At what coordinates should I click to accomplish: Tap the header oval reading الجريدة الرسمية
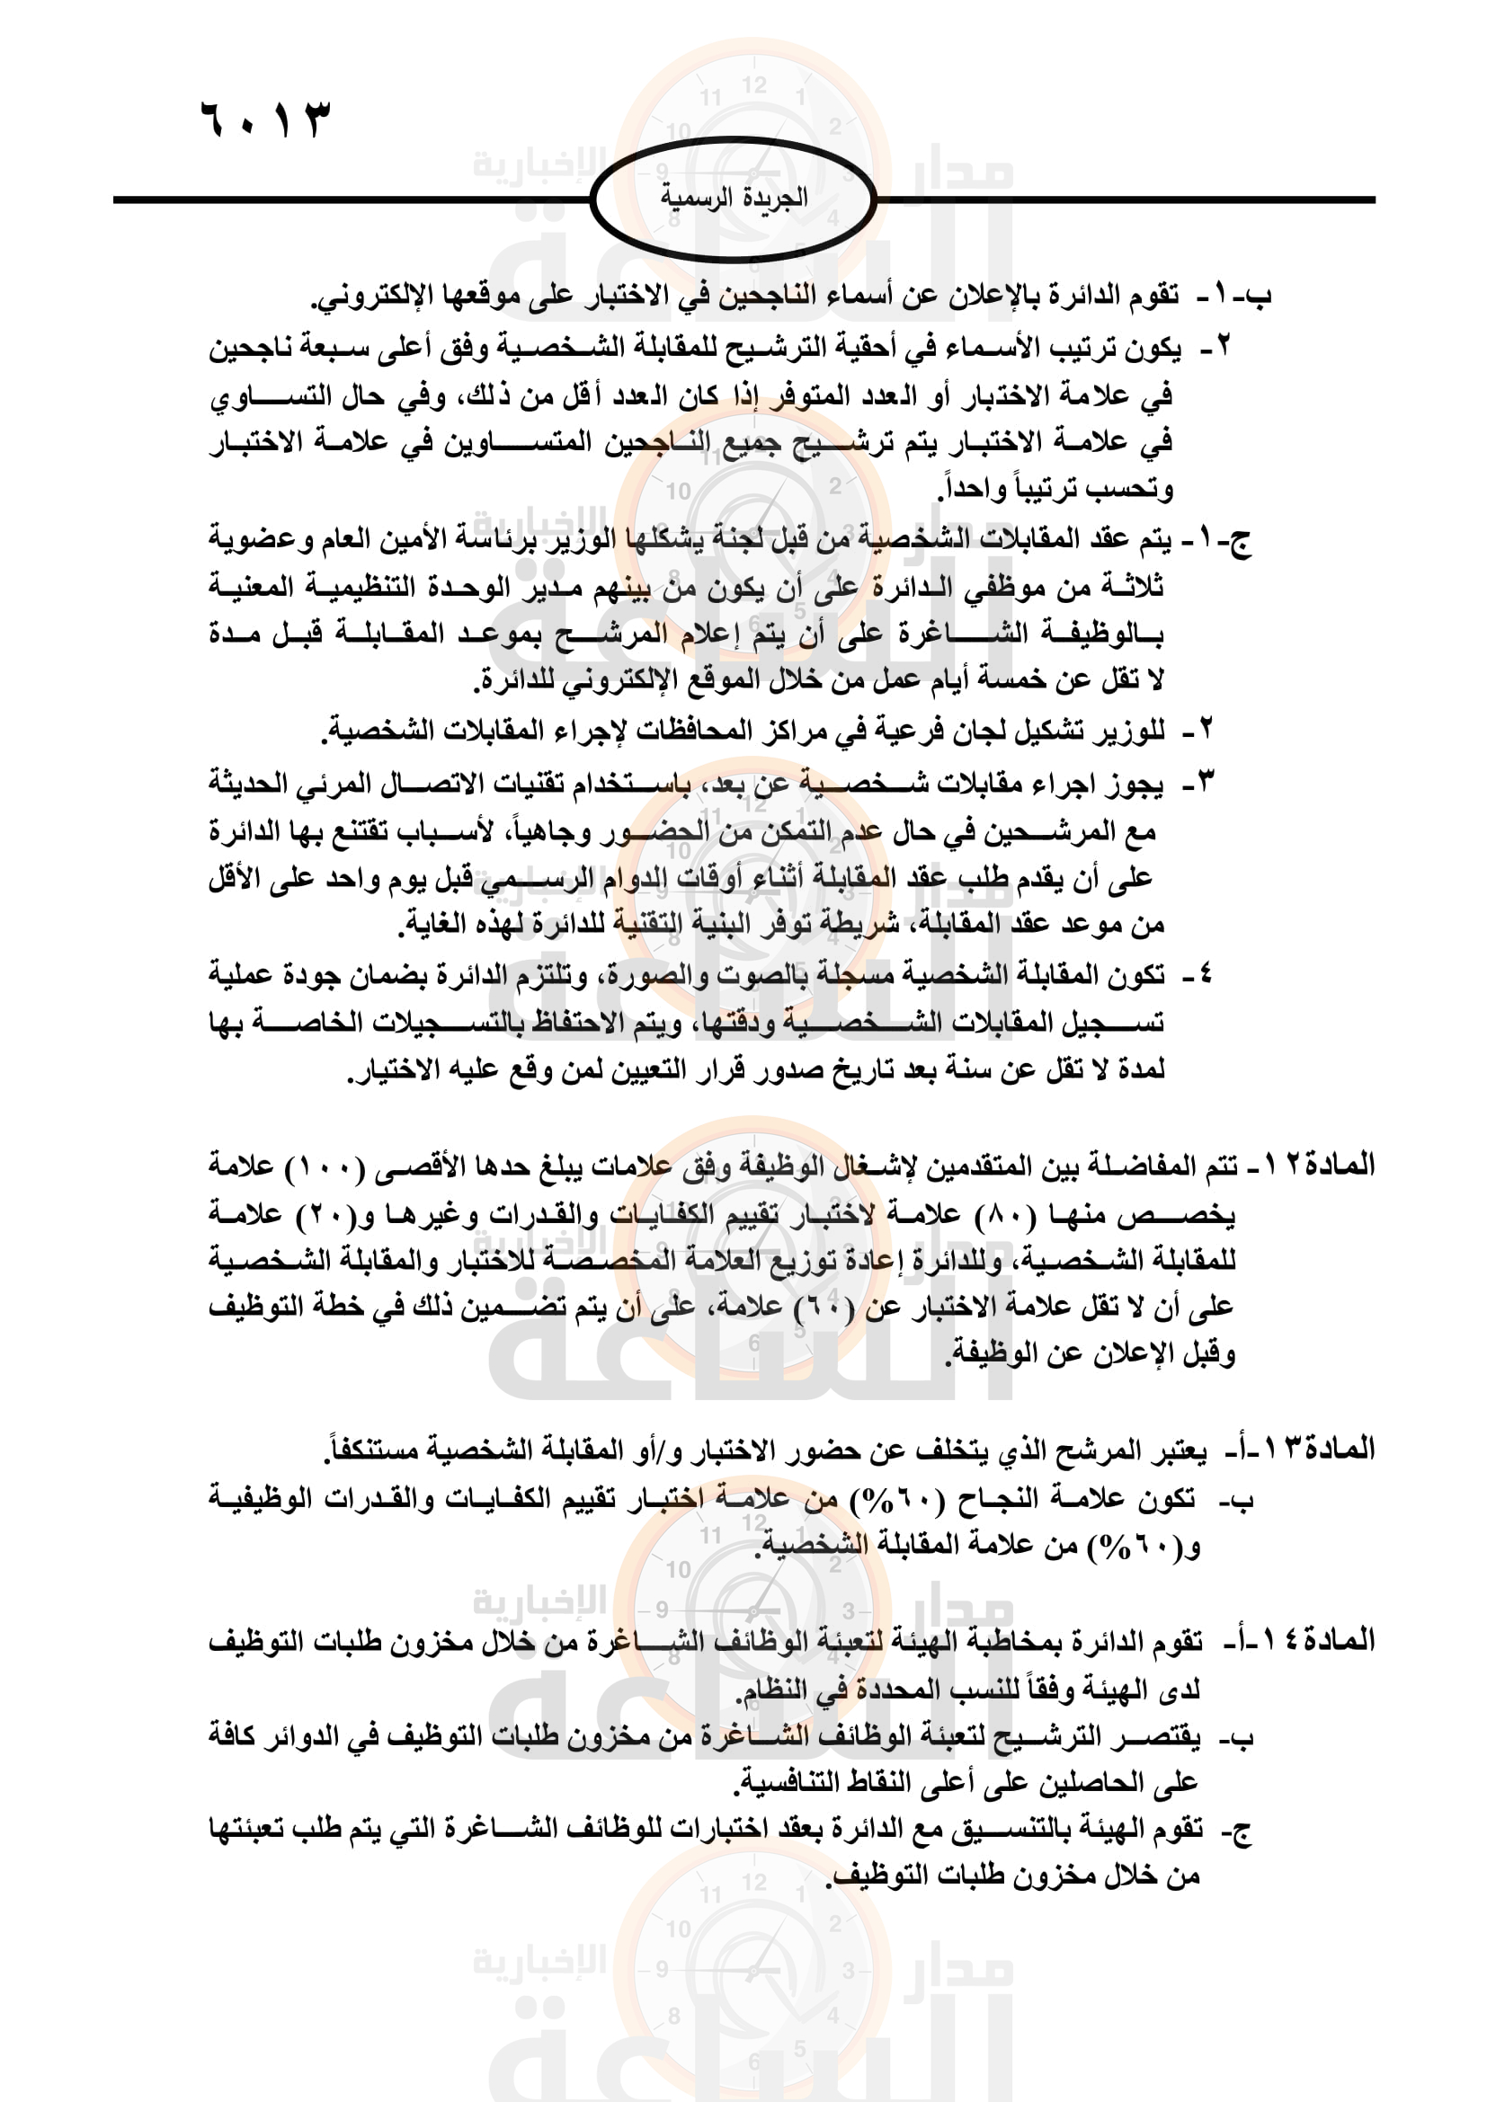click(x=734, y=199)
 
